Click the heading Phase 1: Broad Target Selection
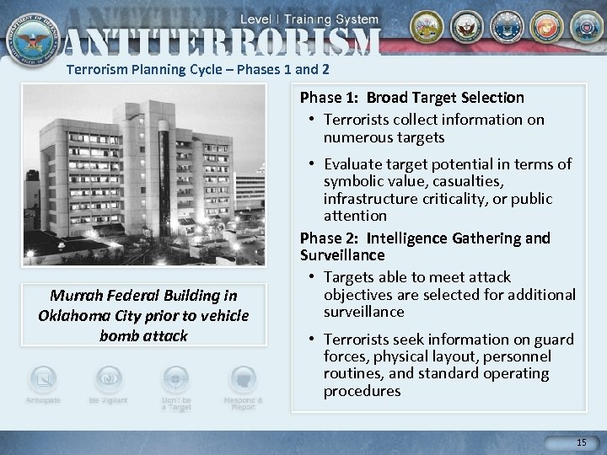pos(412,98)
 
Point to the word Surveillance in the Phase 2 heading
pos(342,254)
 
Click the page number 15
pos(580,442)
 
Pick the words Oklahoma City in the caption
pos(84,316)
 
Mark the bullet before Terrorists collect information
pos(313,120)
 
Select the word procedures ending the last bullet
pos(362,391)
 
